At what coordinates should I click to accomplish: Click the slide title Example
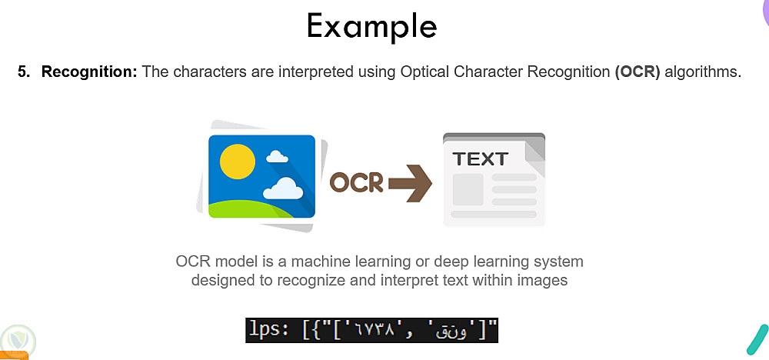371,26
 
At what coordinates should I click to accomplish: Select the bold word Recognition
89,72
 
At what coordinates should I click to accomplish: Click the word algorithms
703,72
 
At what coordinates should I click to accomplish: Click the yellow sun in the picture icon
238,161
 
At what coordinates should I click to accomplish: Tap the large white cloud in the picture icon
283,188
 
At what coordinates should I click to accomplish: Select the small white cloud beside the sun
277,156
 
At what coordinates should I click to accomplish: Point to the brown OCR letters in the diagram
356,182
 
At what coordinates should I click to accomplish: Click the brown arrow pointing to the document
410,183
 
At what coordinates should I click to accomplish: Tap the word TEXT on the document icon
480,159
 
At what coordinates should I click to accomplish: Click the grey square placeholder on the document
468,189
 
